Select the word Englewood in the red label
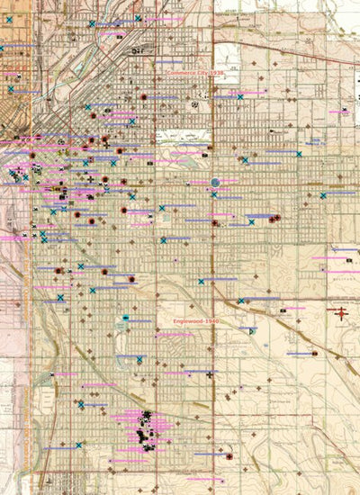(x=187, y=320)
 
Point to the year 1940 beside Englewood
(x=212, y=320)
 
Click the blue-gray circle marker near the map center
(x=214, y=183)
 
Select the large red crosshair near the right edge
(x=340, y=313)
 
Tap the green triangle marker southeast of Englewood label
(x=250, y=330)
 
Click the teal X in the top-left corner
(x=9, y=7)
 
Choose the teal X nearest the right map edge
(x=324, y=195)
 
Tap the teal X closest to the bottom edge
(x=78, y=445)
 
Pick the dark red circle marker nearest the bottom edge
(x=228, y=456)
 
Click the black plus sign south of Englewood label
(x=210, y=374)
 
